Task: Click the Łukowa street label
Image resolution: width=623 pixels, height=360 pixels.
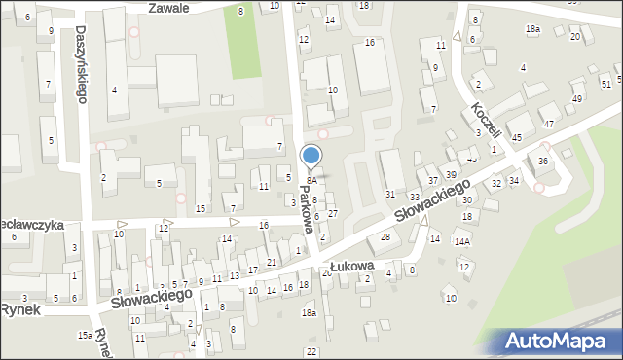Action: pos(352,265)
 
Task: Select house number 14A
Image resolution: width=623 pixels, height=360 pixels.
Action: pos(462,242)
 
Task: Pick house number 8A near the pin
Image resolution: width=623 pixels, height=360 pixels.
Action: pos(311,181)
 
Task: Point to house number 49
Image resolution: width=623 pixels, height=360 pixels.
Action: pos(577,99)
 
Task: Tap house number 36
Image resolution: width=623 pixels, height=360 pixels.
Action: pos(543,162)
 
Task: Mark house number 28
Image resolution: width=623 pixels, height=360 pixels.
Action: pos(385,237)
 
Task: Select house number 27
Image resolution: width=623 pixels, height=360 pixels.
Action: pos(332,213)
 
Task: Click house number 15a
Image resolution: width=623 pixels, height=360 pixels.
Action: pos(86,334)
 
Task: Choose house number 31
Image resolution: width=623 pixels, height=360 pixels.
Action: pos(390,195)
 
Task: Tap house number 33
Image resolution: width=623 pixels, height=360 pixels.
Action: pos(415,197)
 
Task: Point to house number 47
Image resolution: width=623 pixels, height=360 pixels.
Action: pos(549,124)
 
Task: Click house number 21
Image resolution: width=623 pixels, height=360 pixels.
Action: pos(273,263)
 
